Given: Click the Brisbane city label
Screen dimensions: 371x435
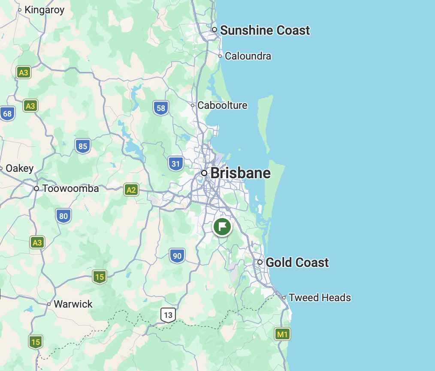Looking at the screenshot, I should tap(240, 173).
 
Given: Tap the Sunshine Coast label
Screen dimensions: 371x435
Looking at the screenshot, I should tap(265, 30).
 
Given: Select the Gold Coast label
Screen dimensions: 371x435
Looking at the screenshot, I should tap(297, 262).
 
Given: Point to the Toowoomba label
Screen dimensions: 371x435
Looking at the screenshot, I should tap(70, 188).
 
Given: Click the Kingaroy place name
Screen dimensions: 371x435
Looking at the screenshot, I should tap(44, 10).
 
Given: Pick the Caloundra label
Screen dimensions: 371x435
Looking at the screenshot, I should tap(248, 56).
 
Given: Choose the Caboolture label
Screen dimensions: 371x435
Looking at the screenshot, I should tap(222, 105).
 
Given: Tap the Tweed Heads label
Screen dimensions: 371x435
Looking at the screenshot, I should tap(320, 298).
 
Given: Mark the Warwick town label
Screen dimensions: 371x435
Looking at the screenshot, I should tap(73, 304).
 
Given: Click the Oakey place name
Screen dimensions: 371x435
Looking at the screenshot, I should tap(19, 168).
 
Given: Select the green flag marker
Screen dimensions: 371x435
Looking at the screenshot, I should tap(222, 227).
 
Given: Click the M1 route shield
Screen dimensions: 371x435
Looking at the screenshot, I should tap(282, 334).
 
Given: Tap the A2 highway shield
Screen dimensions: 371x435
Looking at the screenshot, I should tap(131, 190).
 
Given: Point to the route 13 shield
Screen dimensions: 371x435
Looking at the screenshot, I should tap(168, 315).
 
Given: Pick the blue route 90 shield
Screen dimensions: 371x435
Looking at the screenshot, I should tap(177, 256).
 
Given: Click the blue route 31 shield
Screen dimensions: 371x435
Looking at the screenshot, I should tap(175, 163).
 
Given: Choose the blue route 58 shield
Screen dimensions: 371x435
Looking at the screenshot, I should tap(161, 108).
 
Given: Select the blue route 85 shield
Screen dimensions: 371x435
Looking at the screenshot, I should tap(83, 146).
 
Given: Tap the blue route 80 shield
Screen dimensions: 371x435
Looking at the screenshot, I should tap(63, 216).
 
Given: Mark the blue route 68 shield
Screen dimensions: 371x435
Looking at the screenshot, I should tap(7, 114).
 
